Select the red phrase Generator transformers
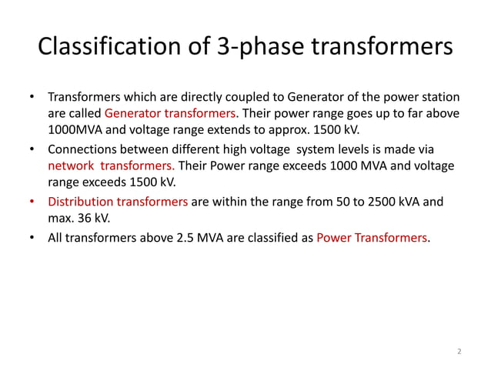coord(171,113)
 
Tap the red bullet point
coord(32,202)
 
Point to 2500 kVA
coord(389,202)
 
